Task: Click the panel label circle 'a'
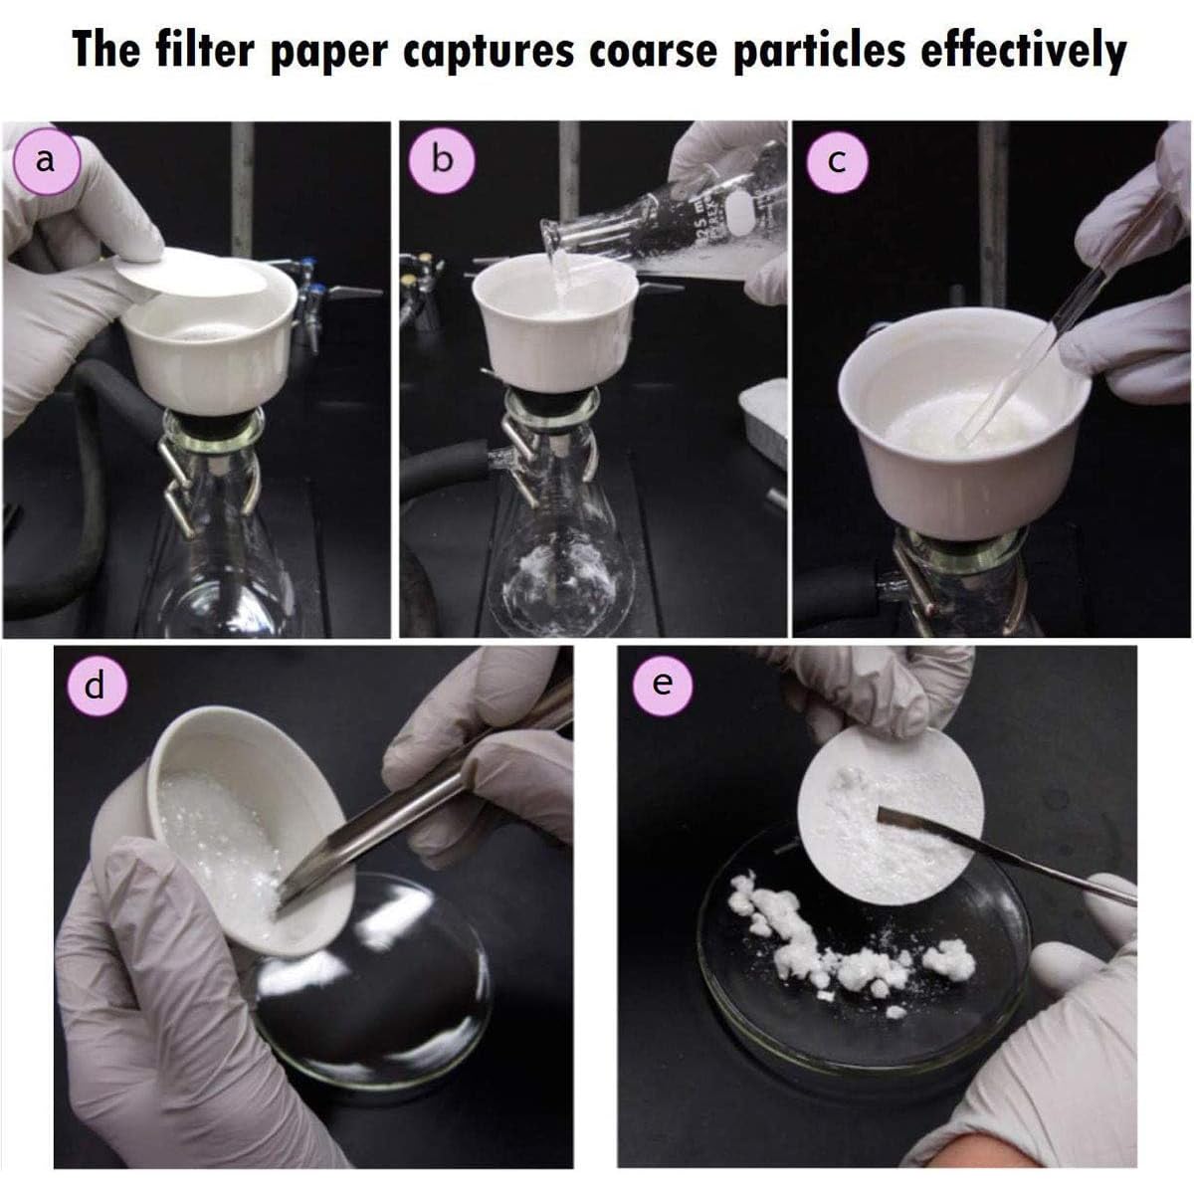tap(47, 162)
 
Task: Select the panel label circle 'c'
tap(837, 162)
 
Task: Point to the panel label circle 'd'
tap(95, 686)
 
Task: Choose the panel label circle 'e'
tap(664, 685)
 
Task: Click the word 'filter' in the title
tap(205, 51)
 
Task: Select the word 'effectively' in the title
tap(1023, 51)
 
